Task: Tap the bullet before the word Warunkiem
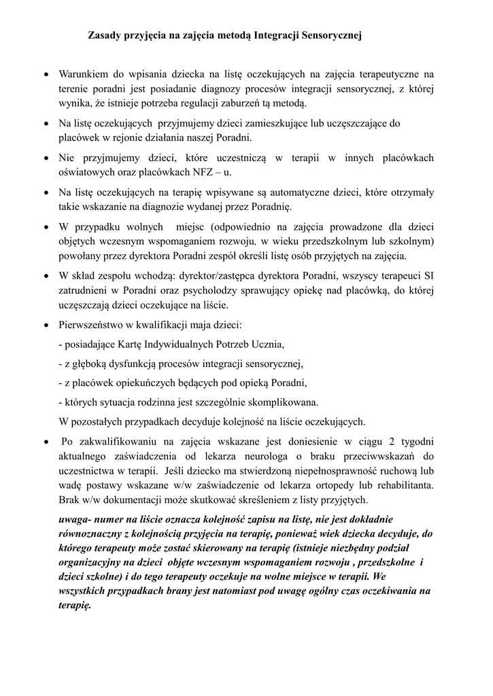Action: click(x=45, y=75)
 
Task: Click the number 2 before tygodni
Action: click(x=388, y=441)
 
